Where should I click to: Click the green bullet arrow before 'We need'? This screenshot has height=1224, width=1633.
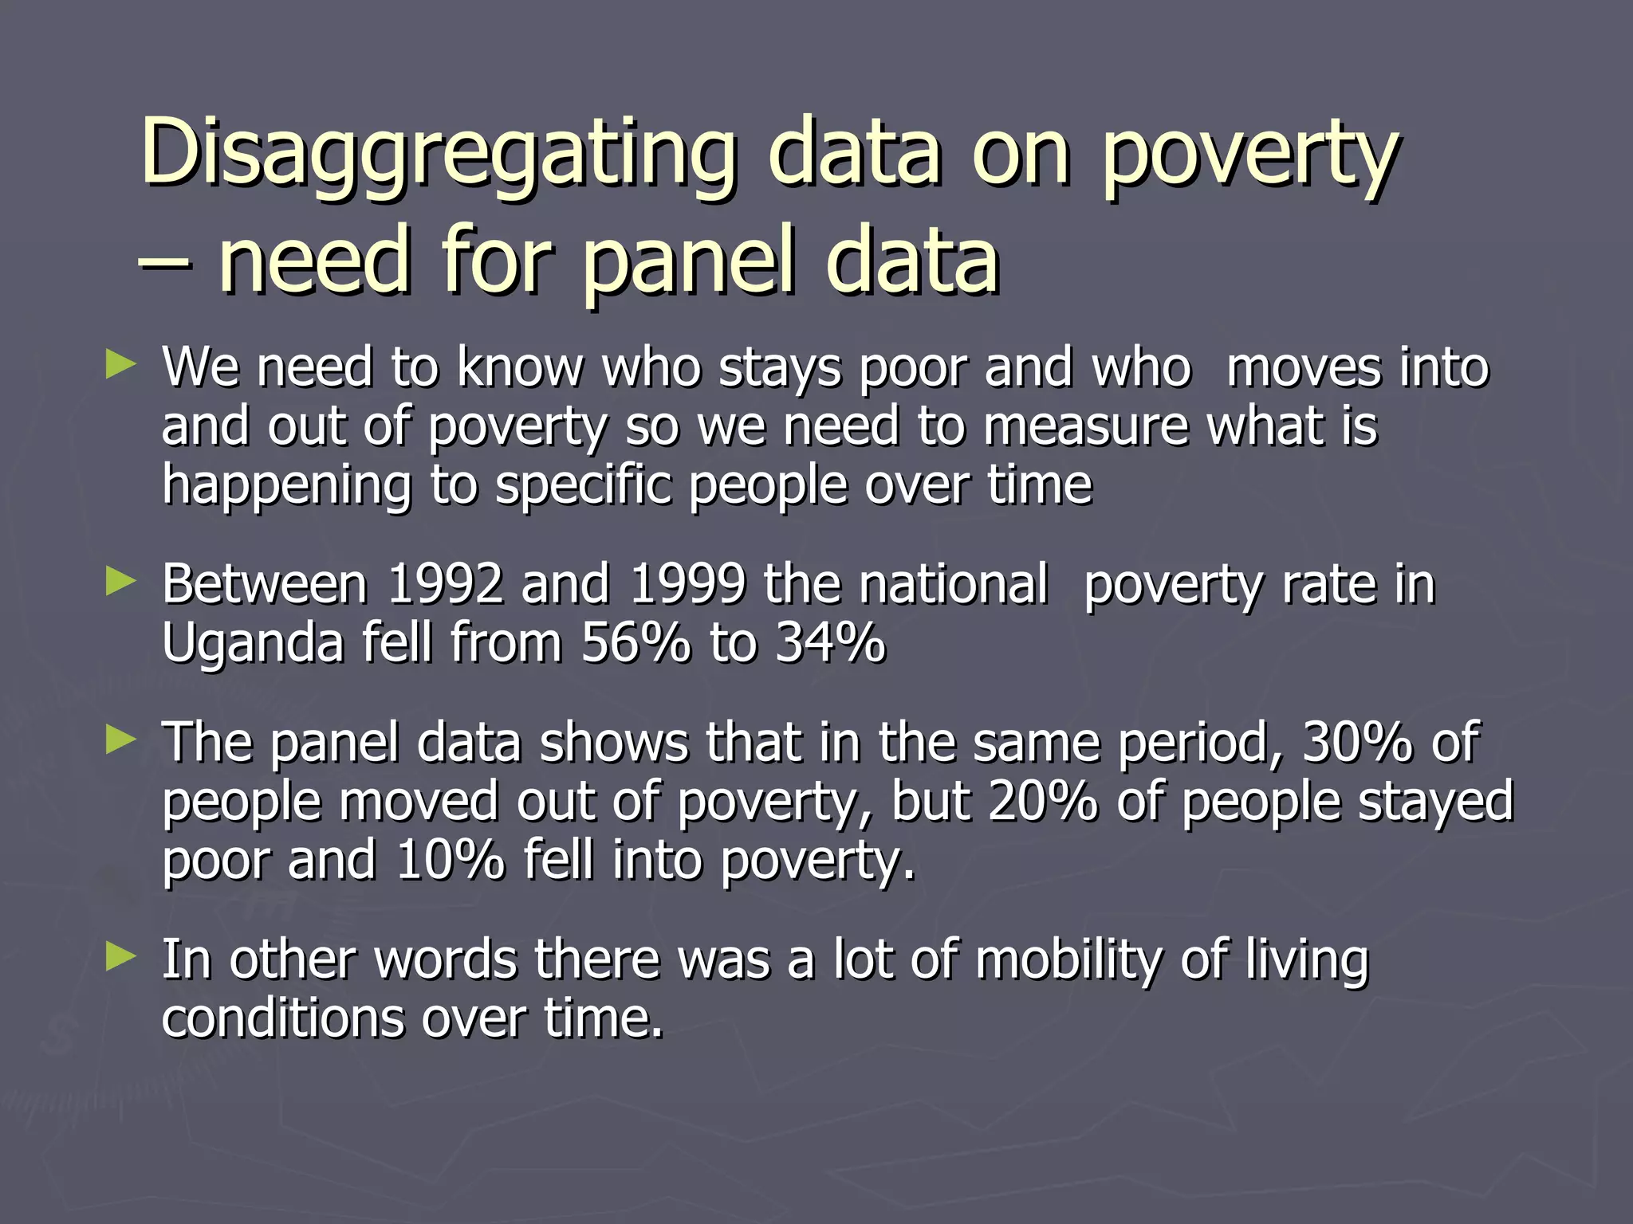(x=120, y=366)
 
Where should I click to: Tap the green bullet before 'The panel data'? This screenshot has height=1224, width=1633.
(x=120, y=740)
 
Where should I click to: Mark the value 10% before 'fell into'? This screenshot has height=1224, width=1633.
(x=450, y=860)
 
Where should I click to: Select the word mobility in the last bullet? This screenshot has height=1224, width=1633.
(x=1068, y=959)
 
